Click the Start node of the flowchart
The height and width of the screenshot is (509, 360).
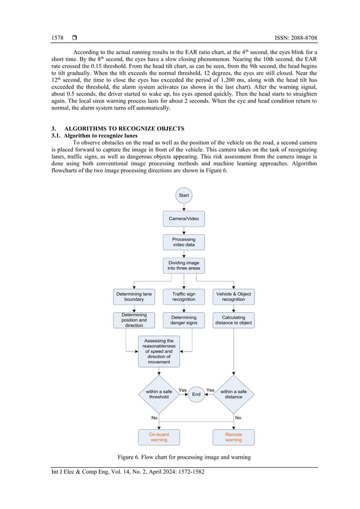183,195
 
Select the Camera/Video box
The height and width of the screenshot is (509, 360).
183,218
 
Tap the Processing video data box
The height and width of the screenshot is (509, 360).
183,242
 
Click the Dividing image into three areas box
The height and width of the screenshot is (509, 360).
183,265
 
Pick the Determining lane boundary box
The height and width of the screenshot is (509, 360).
134,296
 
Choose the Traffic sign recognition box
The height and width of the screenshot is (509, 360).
183,296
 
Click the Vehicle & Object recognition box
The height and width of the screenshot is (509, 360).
234,296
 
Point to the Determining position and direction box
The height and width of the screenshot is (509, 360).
134,320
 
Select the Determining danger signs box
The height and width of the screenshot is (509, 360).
183,321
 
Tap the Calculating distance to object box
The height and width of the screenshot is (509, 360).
234,321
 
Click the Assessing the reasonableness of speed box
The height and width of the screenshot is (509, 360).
159,351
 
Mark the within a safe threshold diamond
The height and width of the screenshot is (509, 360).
159,394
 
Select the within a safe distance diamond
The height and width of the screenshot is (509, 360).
234,394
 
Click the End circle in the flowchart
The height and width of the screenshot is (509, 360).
196,394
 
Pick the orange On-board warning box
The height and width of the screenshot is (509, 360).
159,437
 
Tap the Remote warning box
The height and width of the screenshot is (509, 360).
234,437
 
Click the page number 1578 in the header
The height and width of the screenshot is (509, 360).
58,38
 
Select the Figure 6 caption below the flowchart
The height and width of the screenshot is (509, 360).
183,456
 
